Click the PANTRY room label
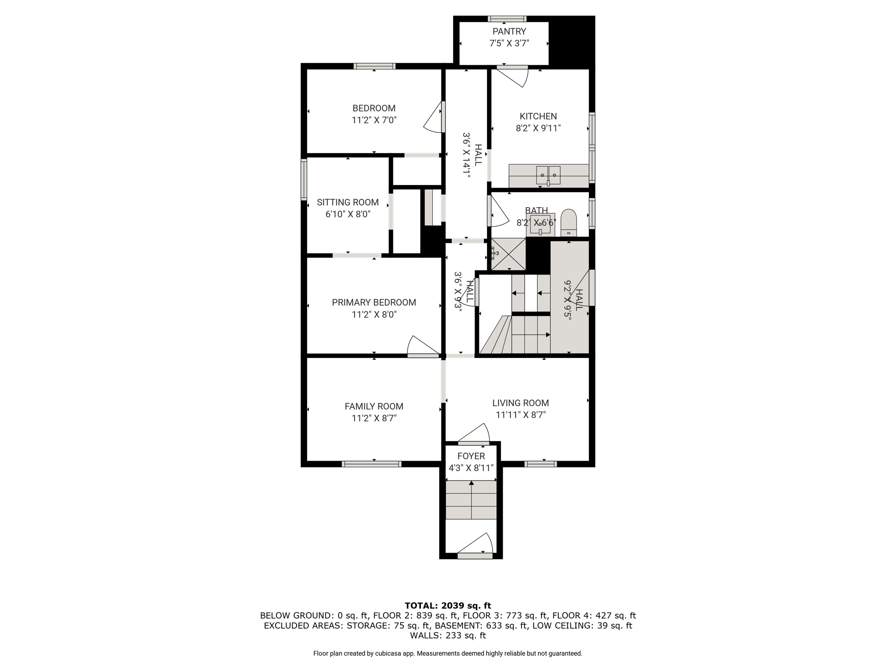pyautogui.click(x=509, y=31)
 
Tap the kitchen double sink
pyautogui.click(x=548, y=175)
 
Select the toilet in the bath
pyautogui.click(x=569, y=223)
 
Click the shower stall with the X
pyautogui.click(x=508, y=254)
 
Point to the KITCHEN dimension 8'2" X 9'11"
pyautogui.click(x=538, y=128)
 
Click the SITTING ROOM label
pyautogui.click(x=348, y=202)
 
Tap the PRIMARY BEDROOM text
pyautogui.click(x=374, y=302)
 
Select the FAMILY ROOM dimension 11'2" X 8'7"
pyautogui.click(x=374, y=418)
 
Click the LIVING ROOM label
pyautogui.click(x=521, y=403)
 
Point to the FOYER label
pyautogui.click(x=471, y=456)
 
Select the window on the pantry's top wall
pyautogui.click(x=507, y=19)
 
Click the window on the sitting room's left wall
pyautogui.click(x=304, y=179)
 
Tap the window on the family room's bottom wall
pyautogui.click(x=371, y=464)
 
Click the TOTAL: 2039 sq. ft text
pyautogui.click(x=448, y=606)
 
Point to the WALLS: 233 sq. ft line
pyautogui.click(x=448, y=635)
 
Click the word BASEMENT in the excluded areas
pyautogui.click(x=457, y=626)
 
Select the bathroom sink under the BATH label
pyautogui.click(x=540, y=224)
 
